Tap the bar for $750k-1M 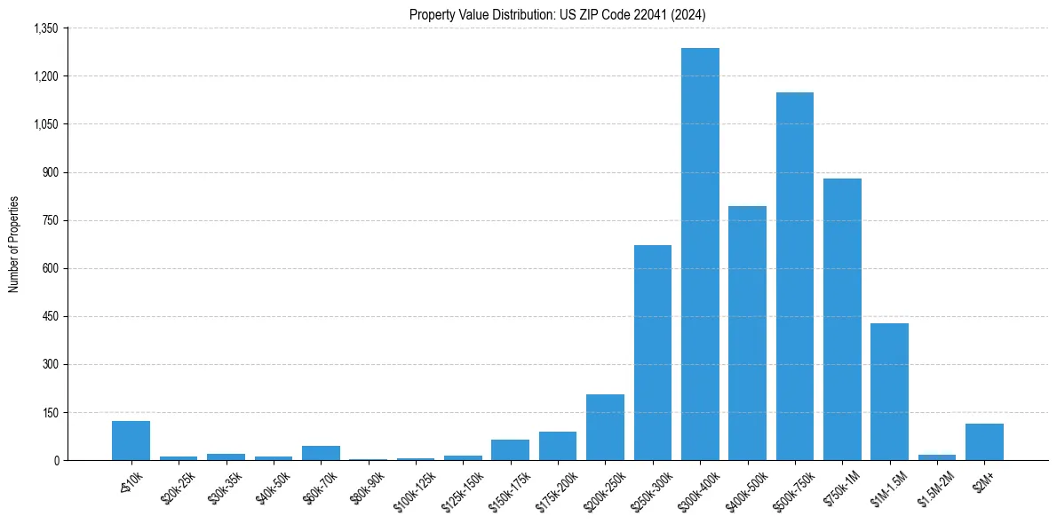[842, 320]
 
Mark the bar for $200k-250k [605, 427]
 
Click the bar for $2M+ [984, 442]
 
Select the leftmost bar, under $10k [131, 441]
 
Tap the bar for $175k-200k [558, 446]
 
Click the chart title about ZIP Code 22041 [558, 14]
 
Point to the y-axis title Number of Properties [13, 244]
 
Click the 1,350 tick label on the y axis [45, 28]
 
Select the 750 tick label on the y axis [50, 220]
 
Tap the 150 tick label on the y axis [50, 412]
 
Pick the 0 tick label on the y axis [55, 460]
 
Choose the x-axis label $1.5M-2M [933, 484]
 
